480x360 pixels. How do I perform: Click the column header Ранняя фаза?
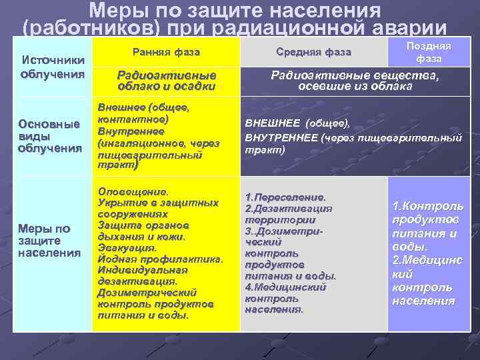pyautogui.click(x=166, y=52)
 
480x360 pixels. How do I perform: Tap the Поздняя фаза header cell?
pyautogui.click(x=429, y=52)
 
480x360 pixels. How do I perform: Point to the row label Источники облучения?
pyautogui.click(x=52, y=67)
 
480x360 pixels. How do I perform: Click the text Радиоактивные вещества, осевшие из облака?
pyautogui.click(x=355, y=81)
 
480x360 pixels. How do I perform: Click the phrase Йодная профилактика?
pyautogui.click(x=159, y=259)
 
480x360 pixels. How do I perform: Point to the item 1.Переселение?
pyautogui.click(x=285, y=197)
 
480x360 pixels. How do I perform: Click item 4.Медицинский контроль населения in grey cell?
pyautogui.click(x=285, y=298)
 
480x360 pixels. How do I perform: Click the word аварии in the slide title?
pyautogui.click(x=409, y=29)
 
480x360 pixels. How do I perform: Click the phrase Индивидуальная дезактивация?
pyautogui.click(x=143, y=275)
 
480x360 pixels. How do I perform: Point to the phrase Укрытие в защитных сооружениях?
pyautogui.click(x=157, y=209)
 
